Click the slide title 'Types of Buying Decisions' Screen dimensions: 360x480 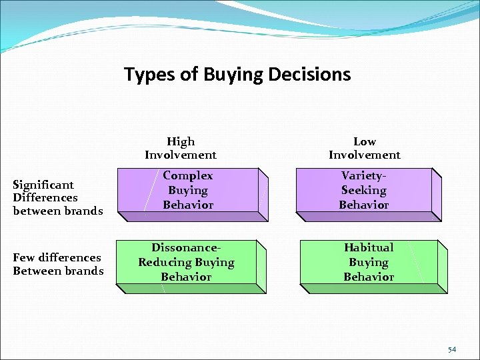(237, 74)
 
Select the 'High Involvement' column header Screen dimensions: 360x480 (181, 148)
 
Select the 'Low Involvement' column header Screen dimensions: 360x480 (364, 148)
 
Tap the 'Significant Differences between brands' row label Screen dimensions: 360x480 (58, 197)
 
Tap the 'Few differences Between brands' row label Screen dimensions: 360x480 (58, 264)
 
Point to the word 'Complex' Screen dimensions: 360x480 (187, 175)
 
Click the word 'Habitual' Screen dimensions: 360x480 (369, 247)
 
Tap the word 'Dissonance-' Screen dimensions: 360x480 (186, 247)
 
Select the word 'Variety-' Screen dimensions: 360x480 (364, 175)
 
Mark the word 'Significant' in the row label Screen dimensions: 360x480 (43, 185)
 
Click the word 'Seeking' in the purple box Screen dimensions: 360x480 (364, 190)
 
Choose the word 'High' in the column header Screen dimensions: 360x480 (181, 141)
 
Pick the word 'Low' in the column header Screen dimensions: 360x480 (364, 141)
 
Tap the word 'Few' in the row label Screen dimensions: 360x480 (24, 257)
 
